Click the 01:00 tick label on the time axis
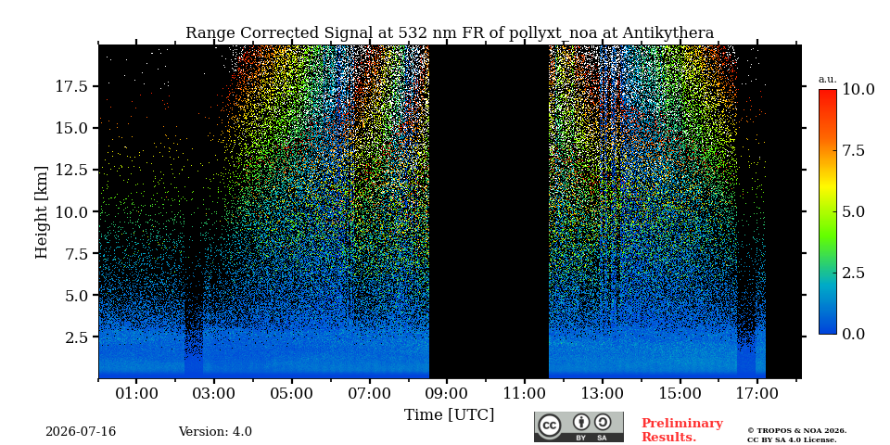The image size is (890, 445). point(136,393)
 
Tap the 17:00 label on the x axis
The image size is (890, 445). point(758,393)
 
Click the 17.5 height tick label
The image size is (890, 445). point(72,86)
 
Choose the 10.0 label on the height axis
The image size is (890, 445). point(72,211)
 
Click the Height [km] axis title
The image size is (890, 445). point(42,211)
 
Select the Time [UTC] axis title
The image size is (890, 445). point(449,415)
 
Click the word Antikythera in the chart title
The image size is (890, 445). point(667,33)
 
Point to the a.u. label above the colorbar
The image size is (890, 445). point(828,80)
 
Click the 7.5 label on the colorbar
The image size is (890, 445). point(853,150)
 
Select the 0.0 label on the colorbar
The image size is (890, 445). point(853,334)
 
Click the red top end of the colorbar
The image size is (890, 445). point(828,92)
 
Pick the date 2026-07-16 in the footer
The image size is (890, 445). point(81,432)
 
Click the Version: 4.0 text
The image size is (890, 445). point(215,432)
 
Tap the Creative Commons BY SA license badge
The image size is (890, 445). point(578,426)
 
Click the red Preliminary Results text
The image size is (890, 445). point(681,430)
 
